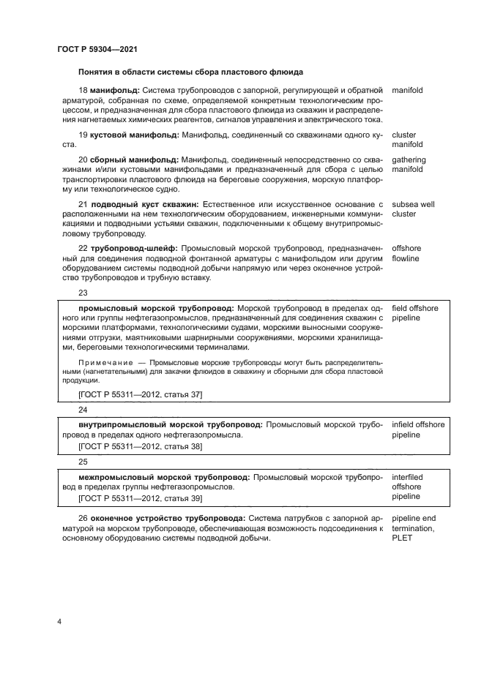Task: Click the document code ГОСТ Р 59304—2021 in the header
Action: [x=97, y=50]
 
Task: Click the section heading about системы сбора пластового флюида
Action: [x=190, y=72]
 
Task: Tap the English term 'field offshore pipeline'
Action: [x=415, y=313]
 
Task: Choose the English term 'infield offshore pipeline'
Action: [x=418, y=429]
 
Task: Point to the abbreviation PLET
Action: [x=402, y=538]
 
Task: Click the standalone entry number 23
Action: [x=83, y=293]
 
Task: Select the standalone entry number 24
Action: [x=83, y=410]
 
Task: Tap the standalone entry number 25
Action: [x=83, y=462]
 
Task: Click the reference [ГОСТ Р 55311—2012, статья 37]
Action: [x=140, y=395]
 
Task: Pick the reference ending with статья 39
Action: [x=140, y=498]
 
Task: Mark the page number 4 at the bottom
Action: [x=59, y=622]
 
